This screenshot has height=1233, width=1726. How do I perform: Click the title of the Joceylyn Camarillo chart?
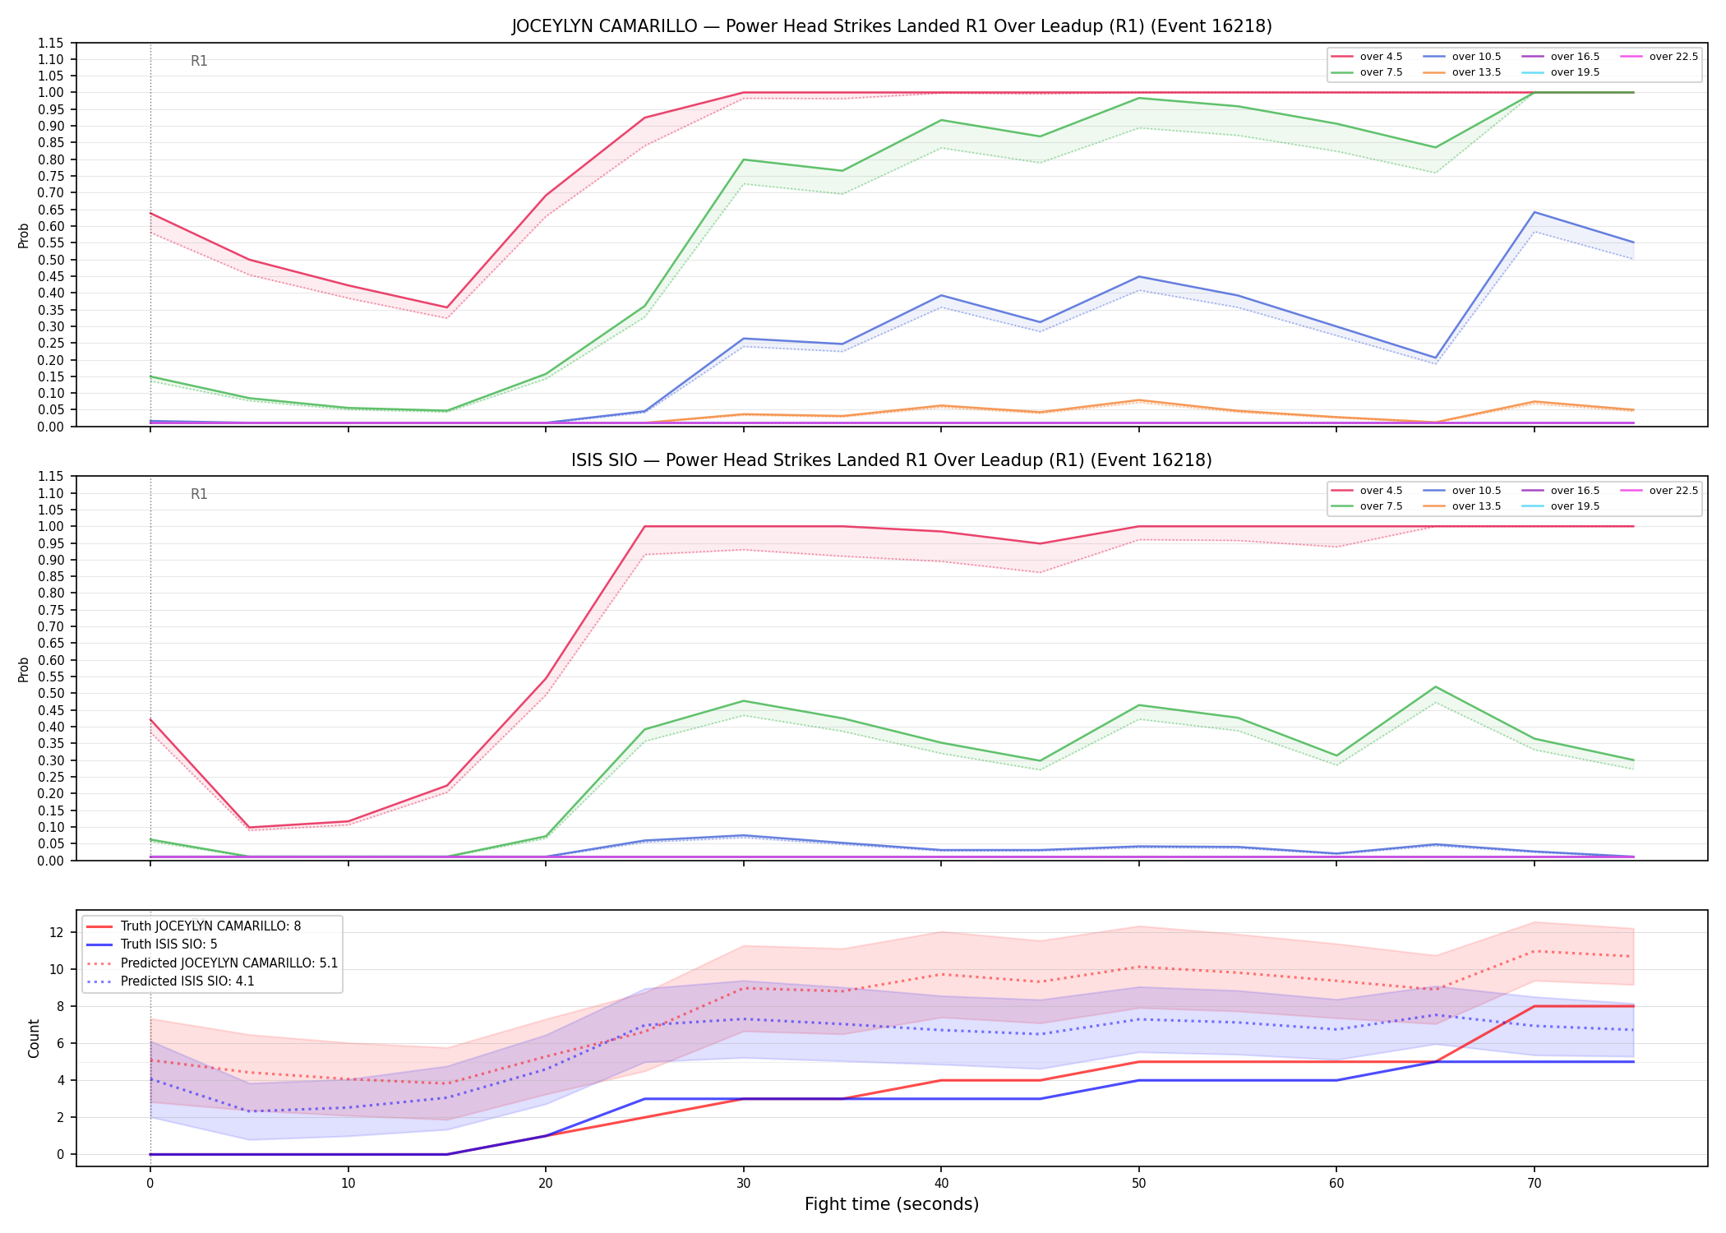892,26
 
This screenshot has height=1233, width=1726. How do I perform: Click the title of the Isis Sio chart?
892,460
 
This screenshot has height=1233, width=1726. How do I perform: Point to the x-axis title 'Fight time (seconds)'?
892,1204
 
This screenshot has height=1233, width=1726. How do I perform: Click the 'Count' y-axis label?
34,1038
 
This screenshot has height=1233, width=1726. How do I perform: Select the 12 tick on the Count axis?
57,932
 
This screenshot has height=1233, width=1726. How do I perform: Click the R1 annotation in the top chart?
199,61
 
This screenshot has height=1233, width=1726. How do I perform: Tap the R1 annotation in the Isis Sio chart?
199,494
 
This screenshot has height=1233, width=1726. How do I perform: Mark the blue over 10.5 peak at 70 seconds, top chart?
1534,212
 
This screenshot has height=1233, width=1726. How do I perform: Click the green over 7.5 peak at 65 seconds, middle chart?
1436,686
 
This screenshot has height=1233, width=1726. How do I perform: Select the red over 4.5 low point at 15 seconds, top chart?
447,307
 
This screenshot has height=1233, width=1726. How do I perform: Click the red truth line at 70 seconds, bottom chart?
1534,1006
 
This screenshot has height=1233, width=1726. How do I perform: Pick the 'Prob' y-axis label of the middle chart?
24,669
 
